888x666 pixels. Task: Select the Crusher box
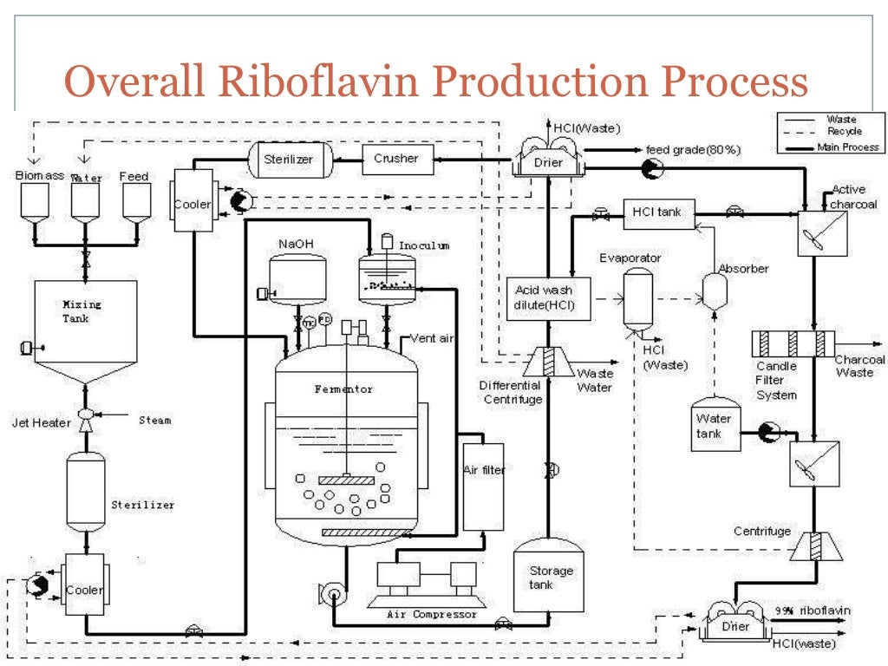click(x=396, y=160)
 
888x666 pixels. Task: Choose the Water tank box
click(x=716, y=425)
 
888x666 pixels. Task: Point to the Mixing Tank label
click(x=82, y=311)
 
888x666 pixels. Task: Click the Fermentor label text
click(x=343, y=389)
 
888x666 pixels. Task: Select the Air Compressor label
click(x=431, y=614)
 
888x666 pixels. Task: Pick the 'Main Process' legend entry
click(x=847, y=147)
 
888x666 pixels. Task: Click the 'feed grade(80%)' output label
click(x=693, y=150)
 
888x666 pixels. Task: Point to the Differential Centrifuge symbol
click(x=545, y=362)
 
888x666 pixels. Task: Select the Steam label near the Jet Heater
click(x=155, y=421)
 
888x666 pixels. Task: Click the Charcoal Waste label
click(x=859, y=366)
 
